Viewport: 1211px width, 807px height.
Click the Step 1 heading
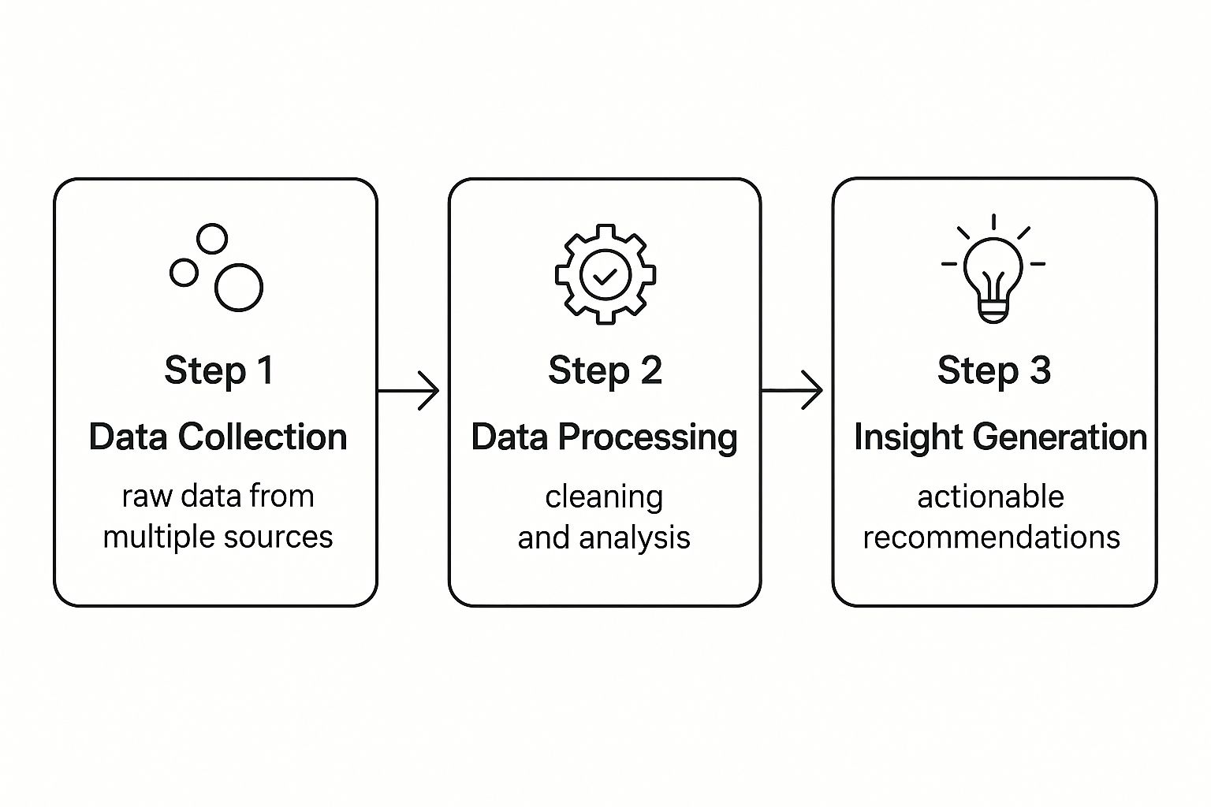coord(219,371)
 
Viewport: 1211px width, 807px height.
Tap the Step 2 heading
coord(605,371)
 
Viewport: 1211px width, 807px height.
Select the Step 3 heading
coord(994,371)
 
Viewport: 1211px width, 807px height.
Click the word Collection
coord(263,437)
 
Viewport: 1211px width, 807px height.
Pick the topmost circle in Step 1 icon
coord(212,225)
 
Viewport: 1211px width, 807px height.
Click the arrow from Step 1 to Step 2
coord(408,390)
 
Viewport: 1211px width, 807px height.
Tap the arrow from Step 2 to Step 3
coord(792,390)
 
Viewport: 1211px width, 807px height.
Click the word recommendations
coord(992,537)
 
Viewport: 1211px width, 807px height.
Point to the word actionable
coord(990,496)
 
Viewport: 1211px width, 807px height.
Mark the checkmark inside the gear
coord(605,277)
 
